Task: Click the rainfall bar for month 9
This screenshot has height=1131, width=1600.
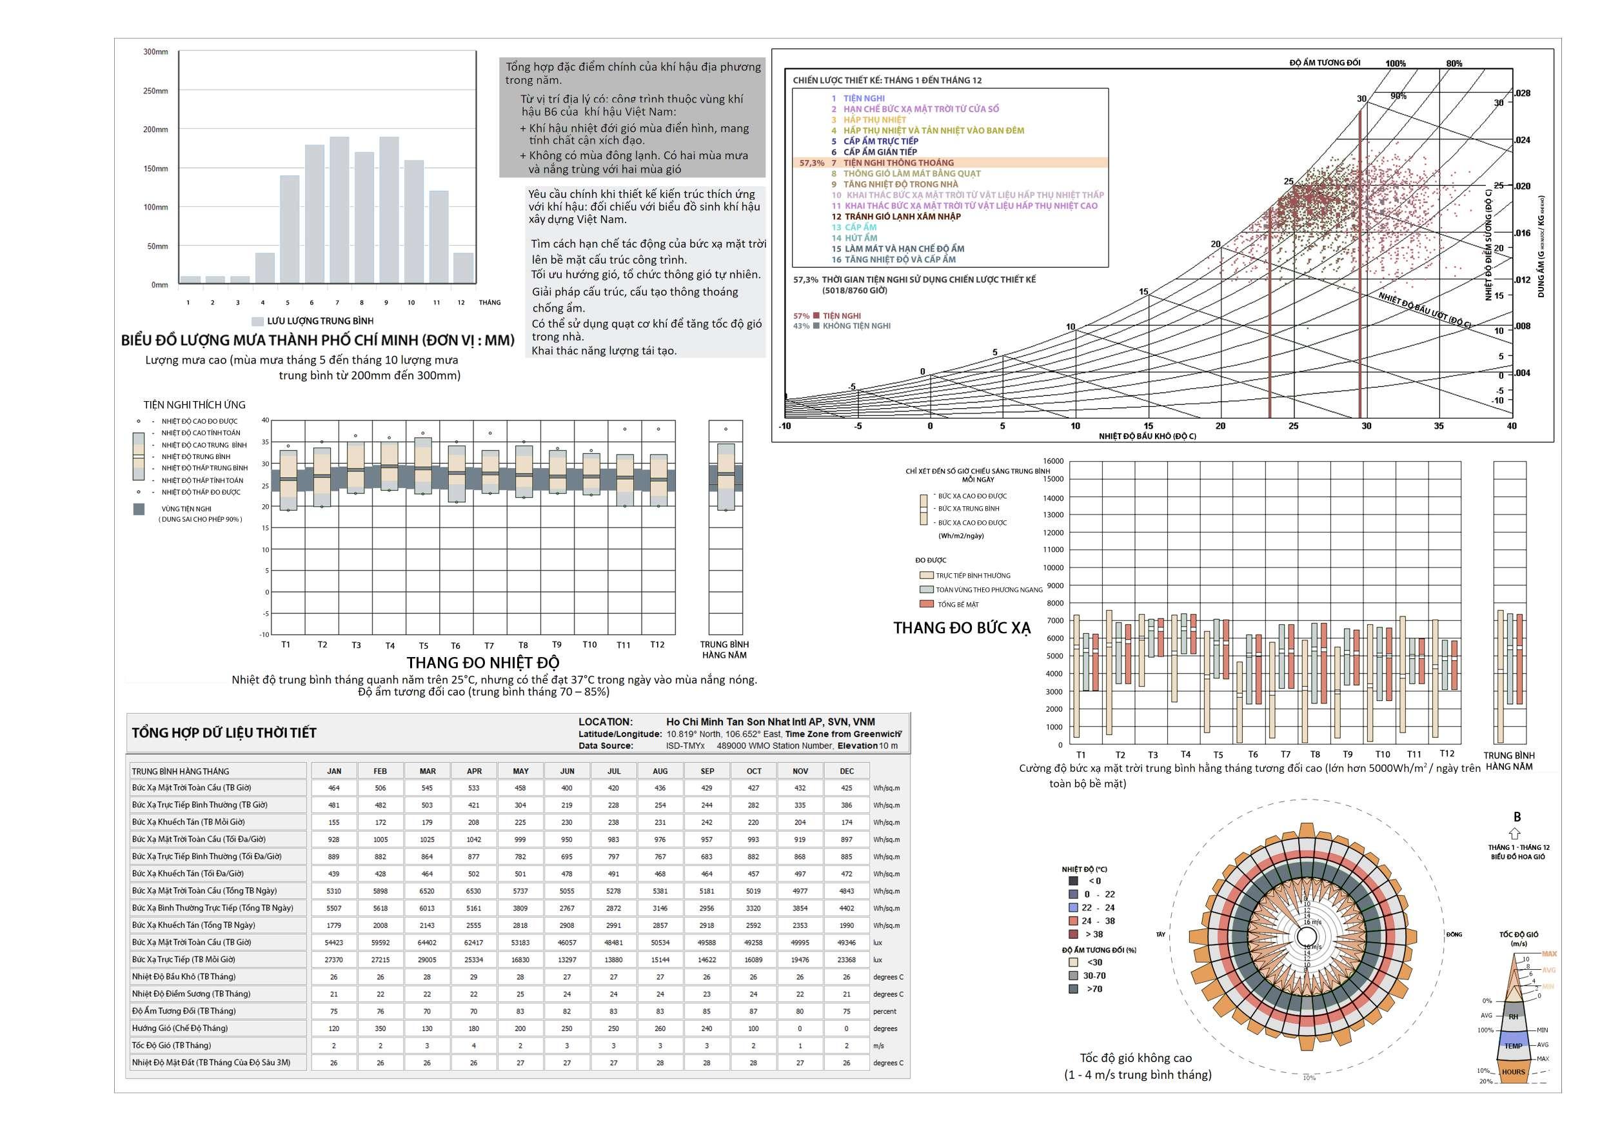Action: pyautogui.click(x=389, y=209)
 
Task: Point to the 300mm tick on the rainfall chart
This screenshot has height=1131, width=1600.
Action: pyautogui.click(x=155, y=52)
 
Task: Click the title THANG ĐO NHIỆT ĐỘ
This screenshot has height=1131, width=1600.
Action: pyautogui.click(x=483, y=662)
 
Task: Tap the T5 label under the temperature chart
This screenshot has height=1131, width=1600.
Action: pyautogui.click(x=424, y=646)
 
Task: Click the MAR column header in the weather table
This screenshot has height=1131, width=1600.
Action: pyautogui.click(x=427, y=771)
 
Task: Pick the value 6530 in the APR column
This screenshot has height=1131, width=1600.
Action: pyautogui.click(x=474, y=890)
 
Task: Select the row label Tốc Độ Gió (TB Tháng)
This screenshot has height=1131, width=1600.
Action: pyautogui.click(x=172, y=1045)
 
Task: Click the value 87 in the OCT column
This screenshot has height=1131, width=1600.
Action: pyautogui.click(x=753, y=1011)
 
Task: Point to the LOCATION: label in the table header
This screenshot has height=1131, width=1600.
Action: pyautogui.click(x=605, y=722)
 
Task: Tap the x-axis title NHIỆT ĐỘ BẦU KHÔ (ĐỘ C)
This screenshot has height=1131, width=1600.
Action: pyautogui.click(x=1147, y=437)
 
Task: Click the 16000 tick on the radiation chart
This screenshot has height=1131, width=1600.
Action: pyautogui.click(x=1053, y=461)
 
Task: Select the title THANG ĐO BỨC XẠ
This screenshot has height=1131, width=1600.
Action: pyautogui.click(x=962, y=628)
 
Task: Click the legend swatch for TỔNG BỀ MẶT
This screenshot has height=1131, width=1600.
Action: pyautogui.click(x=925, y=604)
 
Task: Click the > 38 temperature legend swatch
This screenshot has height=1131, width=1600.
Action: pyautogui.click(x=1074, y=934)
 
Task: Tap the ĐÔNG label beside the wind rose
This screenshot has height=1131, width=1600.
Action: pyautogui.click(x=1454, y=934)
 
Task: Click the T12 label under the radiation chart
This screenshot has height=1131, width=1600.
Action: pyautogui.click(x=1447, y=753)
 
